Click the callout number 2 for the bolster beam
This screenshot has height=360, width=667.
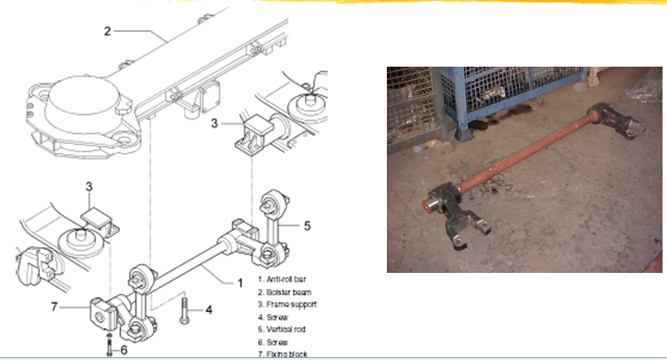coord(107,32)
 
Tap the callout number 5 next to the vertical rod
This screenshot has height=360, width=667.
coord(307,226)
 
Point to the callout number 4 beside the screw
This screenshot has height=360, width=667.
coord(208,310)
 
